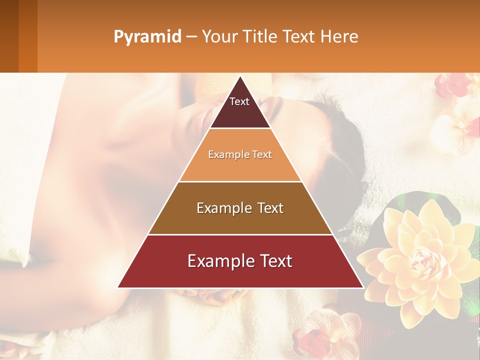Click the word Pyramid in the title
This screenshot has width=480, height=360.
tap(147, 37)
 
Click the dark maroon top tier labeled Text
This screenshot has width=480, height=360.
tap(240, 107)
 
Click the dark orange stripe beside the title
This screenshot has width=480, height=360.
tap(27, 36)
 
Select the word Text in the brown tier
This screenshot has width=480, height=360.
tap(268, 208)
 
